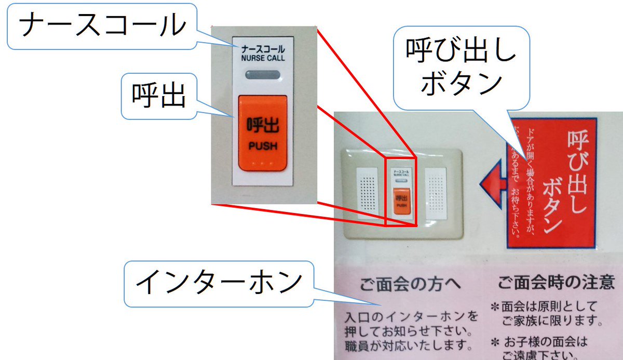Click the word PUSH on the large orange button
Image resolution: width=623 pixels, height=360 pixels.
(x=263, y=146)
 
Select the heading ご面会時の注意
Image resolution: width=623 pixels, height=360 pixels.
(x=556, y=283)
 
